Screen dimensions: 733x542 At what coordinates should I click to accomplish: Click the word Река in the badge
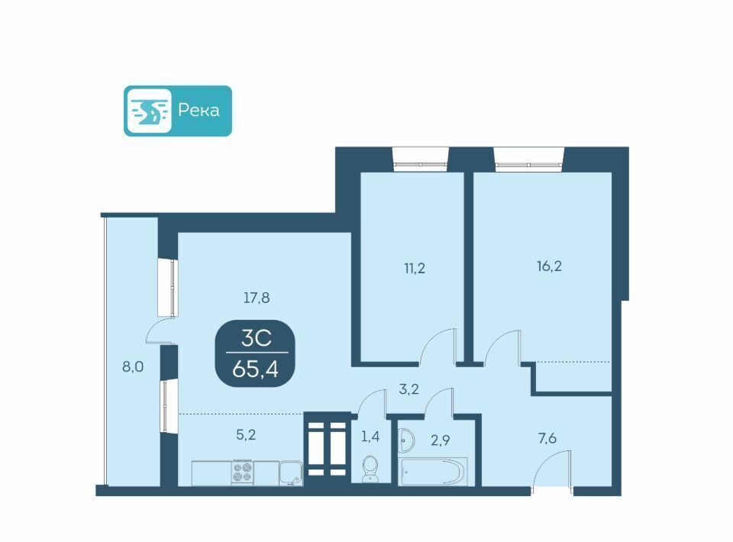199,111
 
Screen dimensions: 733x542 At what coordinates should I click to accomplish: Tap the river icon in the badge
149,111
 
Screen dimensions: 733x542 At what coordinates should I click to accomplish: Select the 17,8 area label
257,298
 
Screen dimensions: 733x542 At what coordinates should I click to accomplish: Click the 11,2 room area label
415,268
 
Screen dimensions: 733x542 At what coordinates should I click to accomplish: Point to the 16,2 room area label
549,266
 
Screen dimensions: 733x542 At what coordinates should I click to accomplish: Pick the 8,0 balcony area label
133,367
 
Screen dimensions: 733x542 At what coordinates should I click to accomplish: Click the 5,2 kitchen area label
246,435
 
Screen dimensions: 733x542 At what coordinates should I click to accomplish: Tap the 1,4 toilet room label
370,437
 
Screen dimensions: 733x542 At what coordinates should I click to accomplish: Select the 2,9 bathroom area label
440,440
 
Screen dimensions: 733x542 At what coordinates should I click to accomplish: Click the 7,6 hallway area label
547,438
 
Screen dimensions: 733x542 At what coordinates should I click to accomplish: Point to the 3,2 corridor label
408,389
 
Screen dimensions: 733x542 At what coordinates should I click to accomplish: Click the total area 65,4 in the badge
255,369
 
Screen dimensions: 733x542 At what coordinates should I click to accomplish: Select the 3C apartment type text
257,338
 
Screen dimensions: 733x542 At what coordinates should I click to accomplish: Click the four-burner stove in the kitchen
242,473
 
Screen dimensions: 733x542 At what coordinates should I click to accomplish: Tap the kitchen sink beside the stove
291,473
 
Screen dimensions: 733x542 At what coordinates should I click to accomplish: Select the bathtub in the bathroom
434,472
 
